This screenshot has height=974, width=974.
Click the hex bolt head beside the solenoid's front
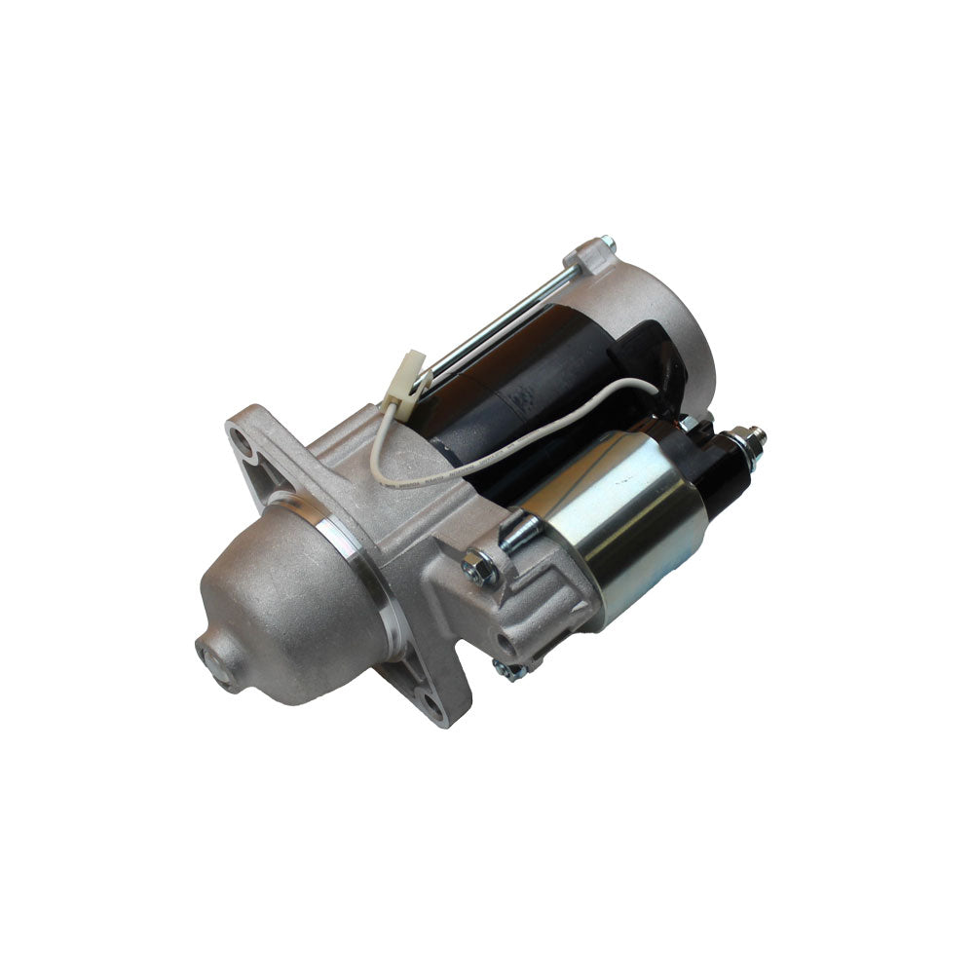478,565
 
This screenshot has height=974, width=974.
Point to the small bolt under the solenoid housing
506,669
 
